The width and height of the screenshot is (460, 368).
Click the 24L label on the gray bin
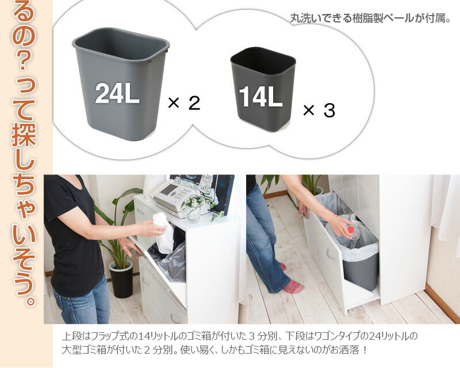(117, 94)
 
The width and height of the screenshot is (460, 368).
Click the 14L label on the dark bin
(260, 98)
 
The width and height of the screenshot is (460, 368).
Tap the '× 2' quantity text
(183, 103)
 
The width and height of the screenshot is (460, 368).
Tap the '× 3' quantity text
(319, 110)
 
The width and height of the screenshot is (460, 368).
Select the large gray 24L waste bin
(120, 81)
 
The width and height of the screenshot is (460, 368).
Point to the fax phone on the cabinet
(173, 196)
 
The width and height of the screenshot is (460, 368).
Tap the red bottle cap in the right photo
(350, 229)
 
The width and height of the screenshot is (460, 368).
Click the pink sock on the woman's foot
(293, 286)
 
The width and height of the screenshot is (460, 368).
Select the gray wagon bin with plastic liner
(360, 265)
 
